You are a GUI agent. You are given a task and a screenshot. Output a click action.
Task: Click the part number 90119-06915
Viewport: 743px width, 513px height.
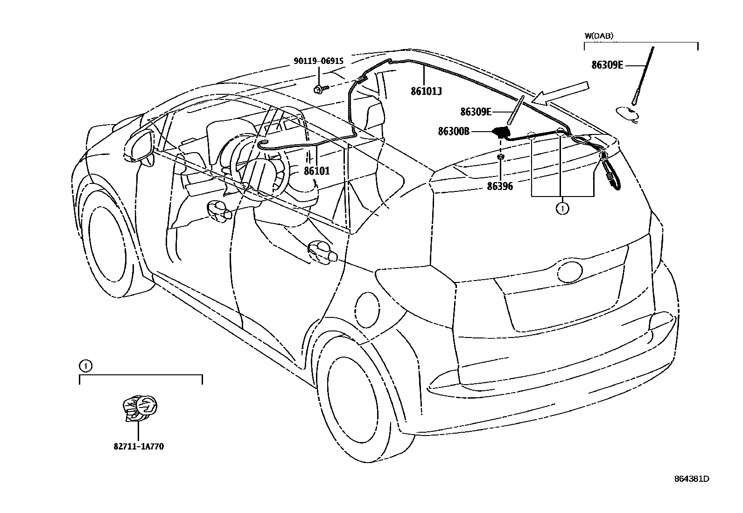(318, 61)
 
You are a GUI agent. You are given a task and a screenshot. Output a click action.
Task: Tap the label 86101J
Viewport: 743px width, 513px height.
(426, 91)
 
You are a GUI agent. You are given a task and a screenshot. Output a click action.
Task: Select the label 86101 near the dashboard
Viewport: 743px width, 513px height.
(317, 171)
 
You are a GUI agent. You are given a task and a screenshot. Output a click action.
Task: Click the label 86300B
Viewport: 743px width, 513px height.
(453, 132)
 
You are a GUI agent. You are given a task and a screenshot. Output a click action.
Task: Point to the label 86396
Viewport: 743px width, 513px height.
(500, 187)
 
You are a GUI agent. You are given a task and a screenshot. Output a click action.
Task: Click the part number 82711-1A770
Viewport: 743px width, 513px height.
(138, 446)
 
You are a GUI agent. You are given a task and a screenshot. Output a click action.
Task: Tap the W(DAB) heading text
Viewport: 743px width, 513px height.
(599, 35)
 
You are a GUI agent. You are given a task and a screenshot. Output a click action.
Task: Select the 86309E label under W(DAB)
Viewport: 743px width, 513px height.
(607, 65)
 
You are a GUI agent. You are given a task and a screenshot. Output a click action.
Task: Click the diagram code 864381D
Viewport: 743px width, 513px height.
(691, 479)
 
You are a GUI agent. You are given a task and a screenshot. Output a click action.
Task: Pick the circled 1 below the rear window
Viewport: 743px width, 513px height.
(562, 209)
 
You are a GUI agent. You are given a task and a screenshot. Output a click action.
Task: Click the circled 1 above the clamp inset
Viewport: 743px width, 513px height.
(85, 366)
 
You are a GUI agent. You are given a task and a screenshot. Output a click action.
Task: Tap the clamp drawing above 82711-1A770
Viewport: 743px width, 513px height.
(140, 408)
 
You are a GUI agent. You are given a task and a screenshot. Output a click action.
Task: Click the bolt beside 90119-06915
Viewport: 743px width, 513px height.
(319, 88)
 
